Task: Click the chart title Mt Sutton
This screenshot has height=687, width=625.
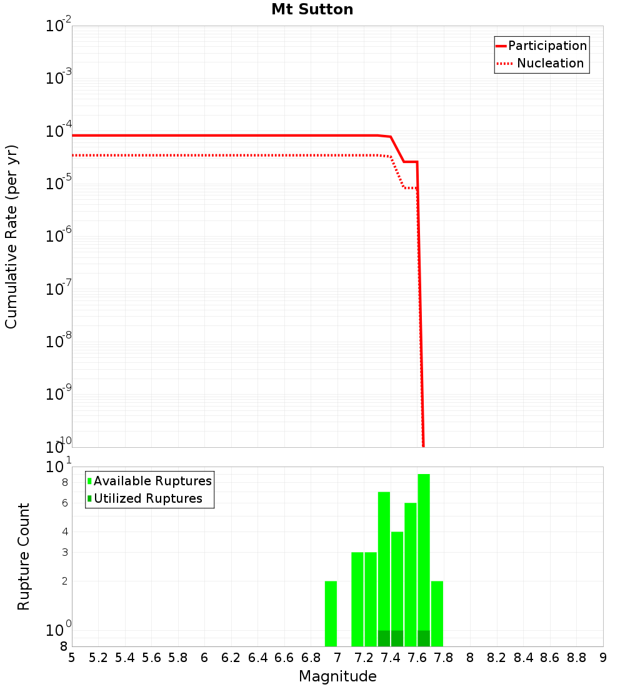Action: (312, 9)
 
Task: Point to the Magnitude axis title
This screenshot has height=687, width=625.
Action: (337, 676)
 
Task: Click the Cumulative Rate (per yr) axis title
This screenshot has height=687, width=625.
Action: (11, 236)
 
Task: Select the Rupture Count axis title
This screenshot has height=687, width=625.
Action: (24, 556)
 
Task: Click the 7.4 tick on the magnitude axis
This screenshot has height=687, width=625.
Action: (391, 658)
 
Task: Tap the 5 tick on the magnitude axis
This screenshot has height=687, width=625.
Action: (72, 658)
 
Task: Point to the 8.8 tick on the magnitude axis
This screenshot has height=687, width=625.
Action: (576, 658)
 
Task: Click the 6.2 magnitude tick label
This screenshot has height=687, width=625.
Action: (231, 658)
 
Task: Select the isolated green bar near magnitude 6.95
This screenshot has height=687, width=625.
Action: (331, 613)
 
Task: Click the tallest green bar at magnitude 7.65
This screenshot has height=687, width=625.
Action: (424, 550)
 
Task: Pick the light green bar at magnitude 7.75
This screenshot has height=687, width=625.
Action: (437, 613)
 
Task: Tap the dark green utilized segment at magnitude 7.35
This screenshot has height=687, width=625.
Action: (384, 638)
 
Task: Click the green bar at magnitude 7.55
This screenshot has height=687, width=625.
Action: (411, 575)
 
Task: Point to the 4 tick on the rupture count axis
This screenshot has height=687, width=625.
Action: (64, 532)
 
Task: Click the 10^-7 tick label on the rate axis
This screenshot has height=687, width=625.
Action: (59, 290)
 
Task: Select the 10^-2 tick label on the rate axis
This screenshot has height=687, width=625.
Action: (59, 27)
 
